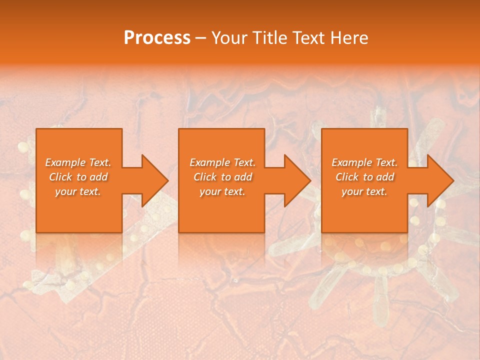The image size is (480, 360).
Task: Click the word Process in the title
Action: pos(157,38)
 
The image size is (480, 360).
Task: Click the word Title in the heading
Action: pos(269,38)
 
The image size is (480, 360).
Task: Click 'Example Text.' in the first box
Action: pos(78,162)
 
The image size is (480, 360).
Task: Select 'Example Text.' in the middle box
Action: pos(222,162)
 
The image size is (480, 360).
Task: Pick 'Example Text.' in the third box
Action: pos(364,162)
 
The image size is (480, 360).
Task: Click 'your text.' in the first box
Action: pos(78,191)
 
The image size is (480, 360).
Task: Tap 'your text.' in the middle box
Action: pos(222,191)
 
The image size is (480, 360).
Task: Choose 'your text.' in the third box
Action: pos(364,191)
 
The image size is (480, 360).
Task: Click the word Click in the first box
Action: pos(60,177)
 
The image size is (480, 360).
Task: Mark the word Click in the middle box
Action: pos(205,177)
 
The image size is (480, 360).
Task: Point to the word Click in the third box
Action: pos(347,177)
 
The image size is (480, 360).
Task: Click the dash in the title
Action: pos(201,38)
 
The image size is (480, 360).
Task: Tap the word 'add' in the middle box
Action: pos(242,177)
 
